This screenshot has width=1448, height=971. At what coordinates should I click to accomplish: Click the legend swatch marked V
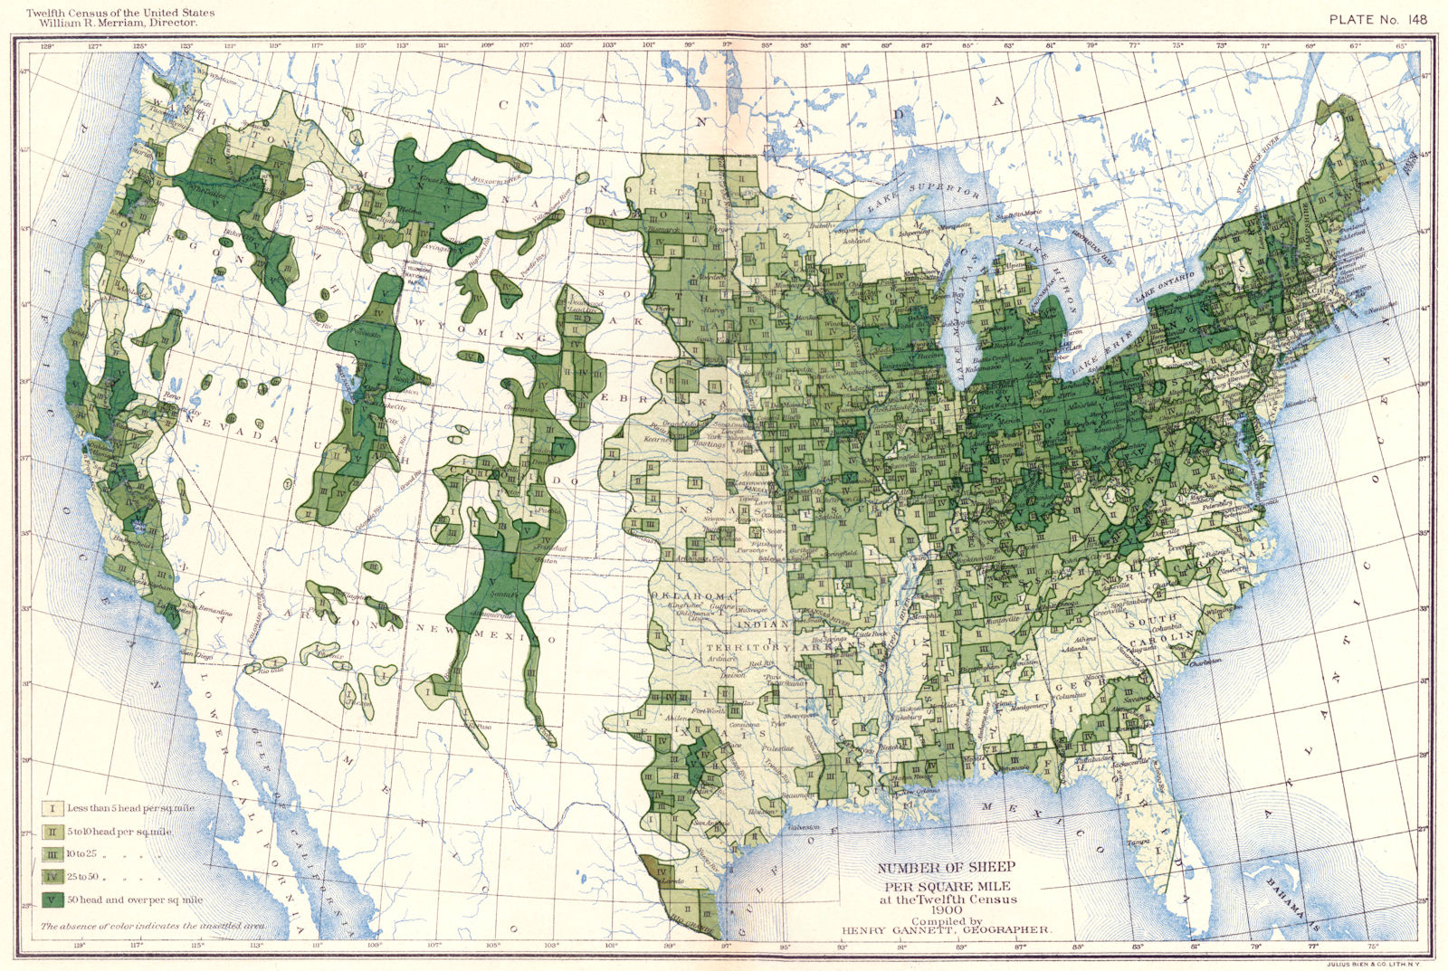(x=53, y=900)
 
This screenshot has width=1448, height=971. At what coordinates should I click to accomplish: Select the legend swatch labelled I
(x=53, y=807)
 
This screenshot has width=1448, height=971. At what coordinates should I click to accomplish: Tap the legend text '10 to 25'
(x=85, y=854)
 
